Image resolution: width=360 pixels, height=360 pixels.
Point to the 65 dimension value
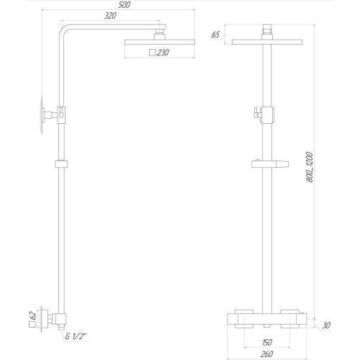(216, 35)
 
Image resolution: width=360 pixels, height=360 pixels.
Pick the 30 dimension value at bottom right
(326, 325)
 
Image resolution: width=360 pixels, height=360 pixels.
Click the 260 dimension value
(268, 355)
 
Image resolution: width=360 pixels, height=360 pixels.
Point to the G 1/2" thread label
(77, 336)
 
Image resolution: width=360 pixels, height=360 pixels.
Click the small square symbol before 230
(151, 52)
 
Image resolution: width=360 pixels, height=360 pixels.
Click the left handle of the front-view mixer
(240, 313)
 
